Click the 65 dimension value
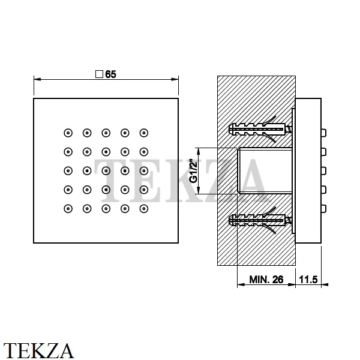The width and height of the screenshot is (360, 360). point(110,74)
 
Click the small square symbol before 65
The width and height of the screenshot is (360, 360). point(99,74)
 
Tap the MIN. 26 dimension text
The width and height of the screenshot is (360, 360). point(266,280)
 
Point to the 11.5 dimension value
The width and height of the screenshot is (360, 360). point(308,280)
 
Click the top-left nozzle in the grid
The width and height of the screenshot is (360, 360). point(68,133)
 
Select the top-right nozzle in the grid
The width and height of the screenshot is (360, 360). point(144,133)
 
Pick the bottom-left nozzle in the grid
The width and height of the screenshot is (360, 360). point(68,209)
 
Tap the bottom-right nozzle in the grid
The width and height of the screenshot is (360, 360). point(144,209)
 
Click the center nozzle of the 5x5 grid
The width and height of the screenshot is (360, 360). point(106,171)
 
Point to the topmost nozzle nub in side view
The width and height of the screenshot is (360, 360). point(323,133)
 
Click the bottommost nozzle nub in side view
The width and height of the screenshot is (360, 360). point(323,209)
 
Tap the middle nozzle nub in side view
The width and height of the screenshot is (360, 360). point(323,171)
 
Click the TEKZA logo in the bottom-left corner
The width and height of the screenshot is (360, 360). point(38,350)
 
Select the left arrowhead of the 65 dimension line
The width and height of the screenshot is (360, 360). point(37,79)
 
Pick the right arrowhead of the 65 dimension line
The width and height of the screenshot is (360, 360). point(175,79)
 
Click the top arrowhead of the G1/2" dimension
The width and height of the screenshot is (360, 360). point(199,151)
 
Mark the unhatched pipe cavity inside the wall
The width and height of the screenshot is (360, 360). point(265,171)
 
